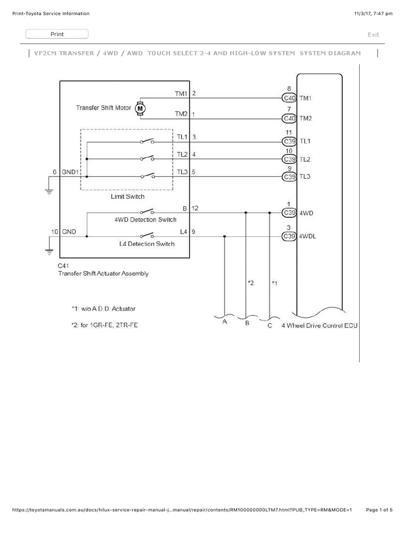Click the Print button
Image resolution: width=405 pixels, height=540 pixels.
(57, 34)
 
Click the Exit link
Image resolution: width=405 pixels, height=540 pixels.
(373, 35)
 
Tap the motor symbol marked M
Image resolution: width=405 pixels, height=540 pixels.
(140, 108)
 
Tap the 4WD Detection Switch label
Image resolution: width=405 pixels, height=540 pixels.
(145, 220)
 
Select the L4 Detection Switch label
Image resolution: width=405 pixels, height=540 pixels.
(147, 244)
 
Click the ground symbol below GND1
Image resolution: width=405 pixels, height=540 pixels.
(50, 192)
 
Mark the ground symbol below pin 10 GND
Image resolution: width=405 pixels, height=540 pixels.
(50, 251)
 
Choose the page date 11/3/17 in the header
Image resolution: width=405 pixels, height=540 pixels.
(364, 14)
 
